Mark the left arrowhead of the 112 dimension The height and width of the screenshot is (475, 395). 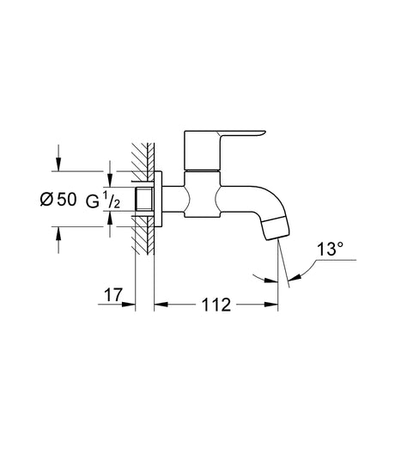(x=159, y=305)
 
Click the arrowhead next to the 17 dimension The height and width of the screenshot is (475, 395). (x=128, y=305)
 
